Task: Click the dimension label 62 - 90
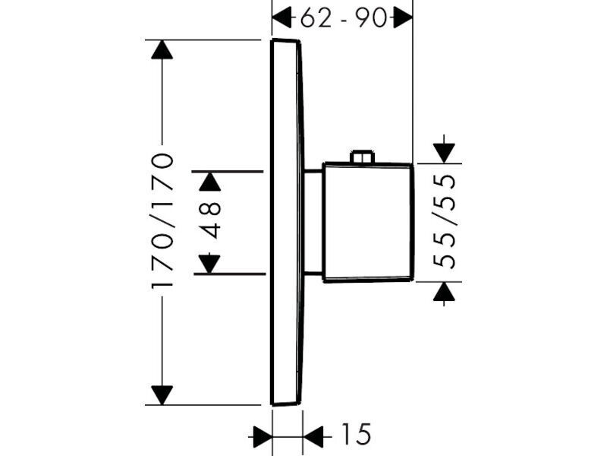click(x=344, y=18)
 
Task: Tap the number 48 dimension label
click(x=212, y=220)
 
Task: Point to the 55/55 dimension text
click(x=444, y=221)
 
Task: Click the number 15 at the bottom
click(x=356, y=434)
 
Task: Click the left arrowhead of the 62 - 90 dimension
click(x=281, y=17)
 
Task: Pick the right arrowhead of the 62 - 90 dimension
click(x=404, y=17)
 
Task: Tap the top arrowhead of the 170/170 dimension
click(x=162, y=49)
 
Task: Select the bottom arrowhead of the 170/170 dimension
click(x=162, y=395)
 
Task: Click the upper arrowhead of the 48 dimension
click(x=210, y=181)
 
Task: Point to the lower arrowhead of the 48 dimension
click(x=209, y=264)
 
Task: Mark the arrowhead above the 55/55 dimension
click(x=444, y=153)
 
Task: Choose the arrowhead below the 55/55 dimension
click(x=444, y=292)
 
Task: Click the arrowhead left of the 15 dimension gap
click(x=263, y=436)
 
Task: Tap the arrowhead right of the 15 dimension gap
click(x=313, y=436)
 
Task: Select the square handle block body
click(x=368, y=222)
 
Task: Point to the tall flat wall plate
click(x=286, y=222)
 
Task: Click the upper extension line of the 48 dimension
click(x=228, y=171)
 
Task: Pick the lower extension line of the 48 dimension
click(x=230, y=274)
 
